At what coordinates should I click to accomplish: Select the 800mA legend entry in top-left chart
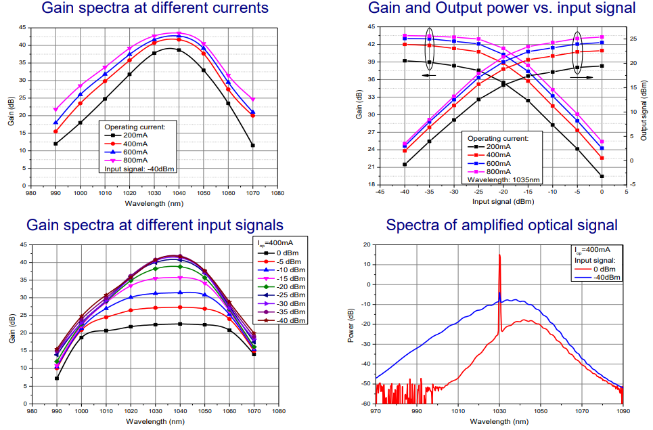pyautogui.click(x=131, y=161)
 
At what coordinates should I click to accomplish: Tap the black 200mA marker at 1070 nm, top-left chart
pyautogui.click(x=252, y=145)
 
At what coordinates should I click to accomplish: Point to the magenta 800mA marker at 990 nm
pyautogui.click(x=55, y=109)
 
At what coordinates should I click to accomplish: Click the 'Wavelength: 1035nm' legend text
pyautogui.click(x=501, y=181)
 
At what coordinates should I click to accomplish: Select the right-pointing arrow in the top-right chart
pyautogui.click(x=583, y=78)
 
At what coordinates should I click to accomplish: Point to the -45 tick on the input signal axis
pyautogui.click(x=380, y=192)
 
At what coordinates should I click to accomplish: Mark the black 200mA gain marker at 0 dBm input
pyautogui.click(x=602, y=176)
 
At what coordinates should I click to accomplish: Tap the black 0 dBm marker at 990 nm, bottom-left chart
pyautogui.click(x=56, y=378)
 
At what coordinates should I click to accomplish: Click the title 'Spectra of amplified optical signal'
pyautogui.click(x=501, y=225)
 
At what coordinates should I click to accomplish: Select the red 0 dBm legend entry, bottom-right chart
pyautogui.click(x=595, y=269)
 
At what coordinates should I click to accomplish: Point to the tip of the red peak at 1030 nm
pyautogui.click(x=499, y=255)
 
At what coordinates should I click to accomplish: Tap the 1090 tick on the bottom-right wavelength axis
pyautogui.click(x=623, y=411)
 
